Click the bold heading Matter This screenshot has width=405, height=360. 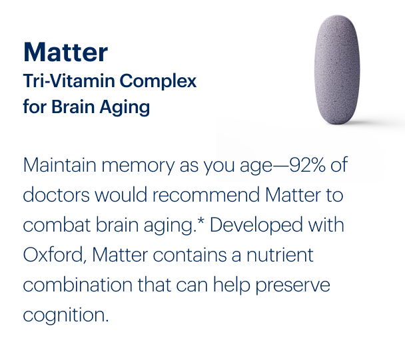click(65, 51)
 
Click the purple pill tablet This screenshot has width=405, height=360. click(336, 72)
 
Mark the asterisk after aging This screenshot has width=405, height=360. click(202, 222)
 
